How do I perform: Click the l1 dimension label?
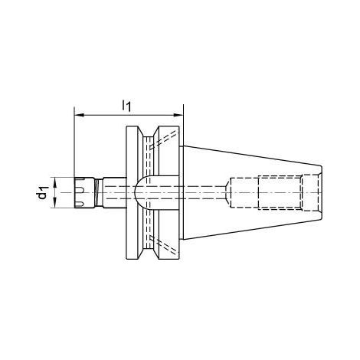tap(126, 106)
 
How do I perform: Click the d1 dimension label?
tap(42, 192)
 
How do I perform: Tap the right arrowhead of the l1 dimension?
tap(178, 115)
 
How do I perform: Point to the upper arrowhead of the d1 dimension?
tap(55, 182)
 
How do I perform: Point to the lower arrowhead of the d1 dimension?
tap(55, 203)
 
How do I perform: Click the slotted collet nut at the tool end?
tap(84, 192)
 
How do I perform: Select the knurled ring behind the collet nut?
tap(98, 192)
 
